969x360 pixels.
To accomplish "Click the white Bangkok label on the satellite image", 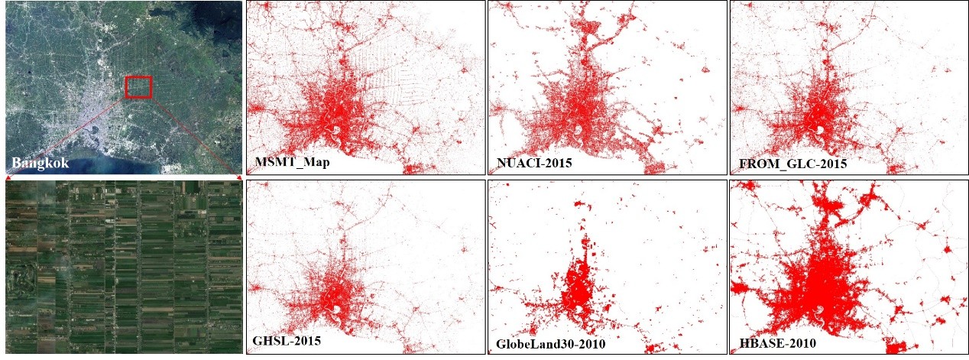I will tap(41, 163).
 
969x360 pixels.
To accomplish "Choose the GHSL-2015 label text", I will tap(287, 340).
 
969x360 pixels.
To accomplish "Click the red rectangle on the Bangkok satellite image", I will tap(138, 87).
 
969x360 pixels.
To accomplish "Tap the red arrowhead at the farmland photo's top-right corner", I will tap(239, 178).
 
